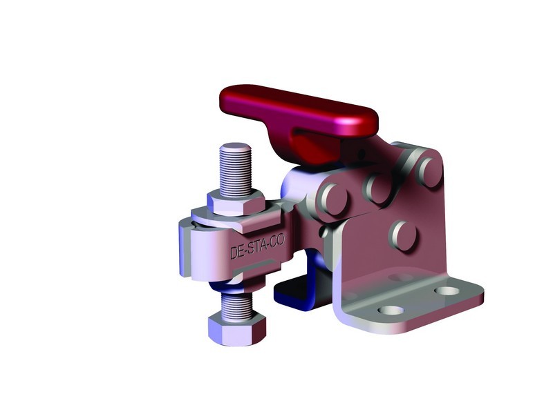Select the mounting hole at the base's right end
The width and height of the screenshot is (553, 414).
coord(450,290)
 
